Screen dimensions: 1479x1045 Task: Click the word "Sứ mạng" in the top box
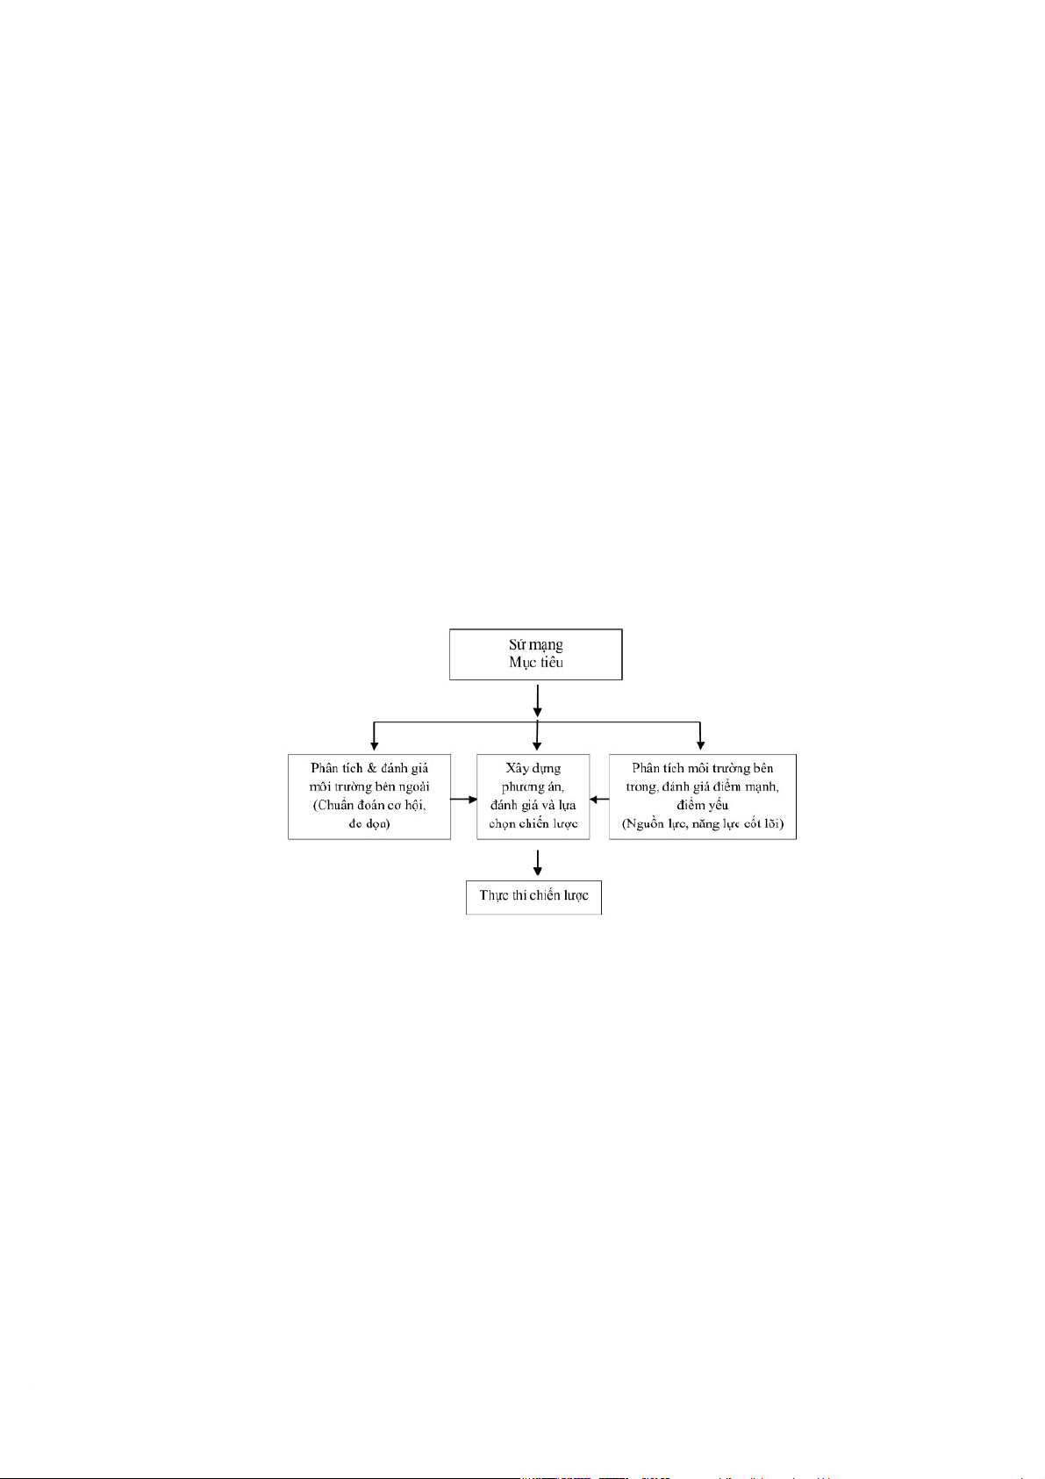pos(535,645)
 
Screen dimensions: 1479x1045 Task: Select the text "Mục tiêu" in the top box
pos(535,663)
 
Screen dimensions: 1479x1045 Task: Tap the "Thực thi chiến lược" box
pos(533,896)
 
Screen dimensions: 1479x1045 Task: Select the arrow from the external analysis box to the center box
pos(463,799)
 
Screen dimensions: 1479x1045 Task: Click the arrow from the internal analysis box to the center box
pos(599,799)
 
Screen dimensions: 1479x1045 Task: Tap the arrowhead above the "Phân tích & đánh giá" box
pos(375,745)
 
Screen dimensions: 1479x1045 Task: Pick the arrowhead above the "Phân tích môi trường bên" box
pos(699,745)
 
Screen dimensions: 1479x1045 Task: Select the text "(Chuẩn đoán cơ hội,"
pos(369,805)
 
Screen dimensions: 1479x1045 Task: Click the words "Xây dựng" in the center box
pos(533,768)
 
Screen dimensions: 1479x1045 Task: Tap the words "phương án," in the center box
pos(533,786)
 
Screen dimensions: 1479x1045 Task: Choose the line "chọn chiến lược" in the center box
pos(533,823)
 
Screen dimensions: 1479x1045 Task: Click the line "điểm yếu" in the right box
pos(702,805)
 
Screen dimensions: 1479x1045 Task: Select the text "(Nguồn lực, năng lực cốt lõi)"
pos(702,824)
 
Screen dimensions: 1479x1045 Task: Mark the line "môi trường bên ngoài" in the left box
pos(369,786)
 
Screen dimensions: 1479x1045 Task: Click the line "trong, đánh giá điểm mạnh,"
pos(702,786)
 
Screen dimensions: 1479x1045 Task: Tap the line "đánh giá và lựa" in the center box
pos(533,805)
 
